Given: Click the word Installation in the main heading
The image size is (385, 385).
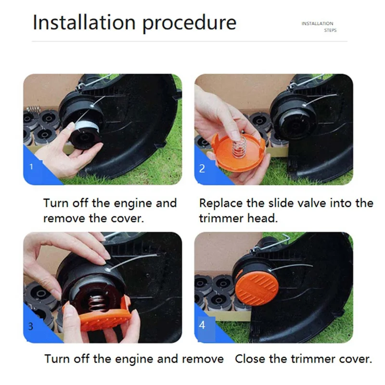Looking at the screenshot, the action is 84,22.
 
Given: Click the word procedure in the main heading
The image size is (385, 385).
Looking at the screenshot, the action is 189,24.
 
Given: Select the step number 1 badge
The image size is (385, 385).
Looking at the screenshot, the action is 31,167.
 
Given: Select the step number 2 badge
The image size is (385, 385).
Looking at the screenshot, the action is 202,168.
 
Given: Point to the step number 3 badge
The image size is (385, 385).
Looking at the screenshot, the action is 31,326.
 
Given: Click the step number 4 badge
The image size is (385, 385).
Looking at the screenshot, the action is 202,325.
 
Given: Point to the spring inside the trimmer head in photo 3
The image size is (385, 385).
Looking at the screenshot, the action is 98,306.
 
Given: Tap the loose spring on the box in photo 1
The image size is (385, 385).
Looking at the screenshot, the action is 33,109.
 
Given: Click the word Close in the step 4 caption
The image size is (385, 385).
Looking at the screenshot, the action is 250,359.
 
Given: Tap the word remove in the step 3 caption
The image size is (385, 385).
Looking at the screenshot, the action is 203,359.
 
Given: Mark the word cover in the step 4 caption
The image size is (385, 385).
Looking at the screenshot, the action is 355,359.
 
